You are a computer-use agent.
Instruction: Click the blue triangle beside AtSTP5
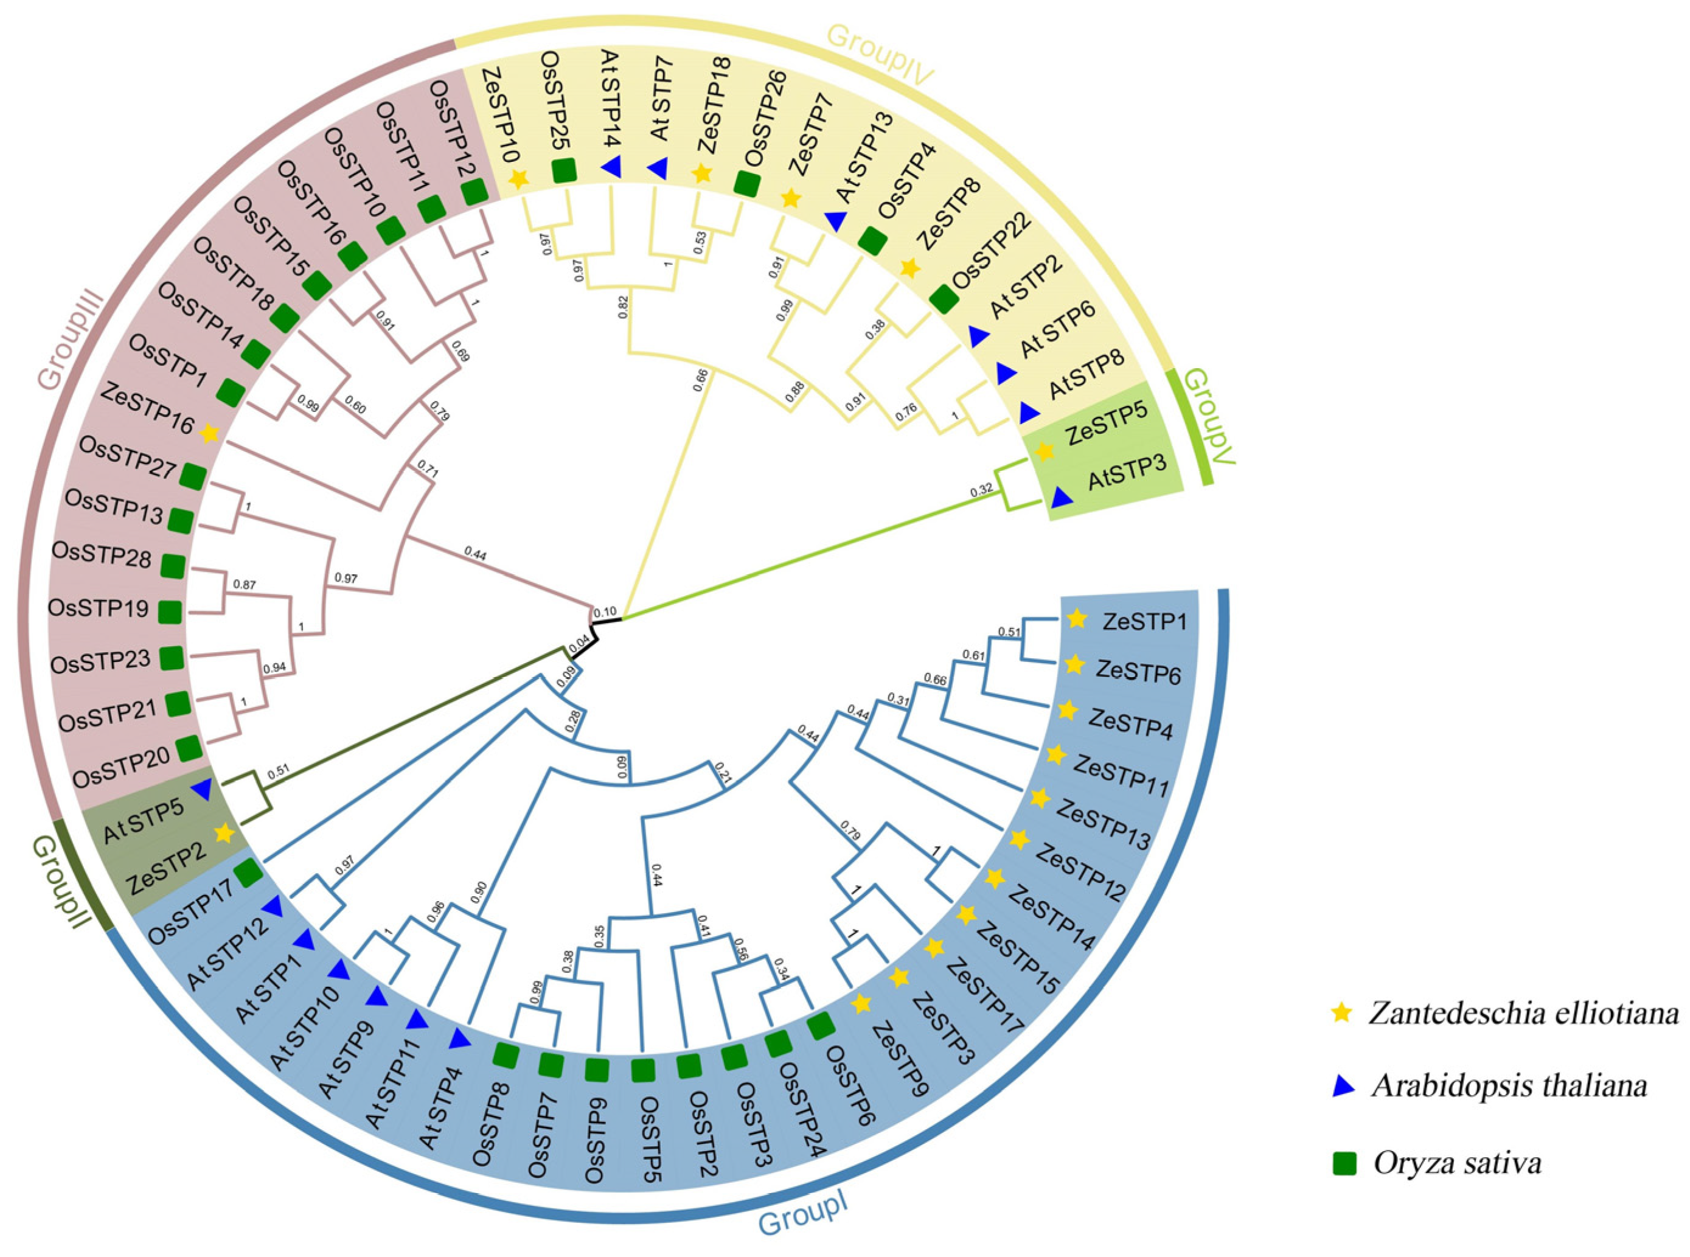tap(201, 790)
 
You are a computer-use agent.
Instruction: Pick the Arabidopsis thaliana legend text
tap(1510, 1086)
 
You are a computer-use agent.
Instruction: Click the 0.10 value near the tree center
tap(604, 611)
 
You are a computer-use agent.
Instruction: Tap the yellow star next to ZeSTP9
tap(861, 1005)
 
